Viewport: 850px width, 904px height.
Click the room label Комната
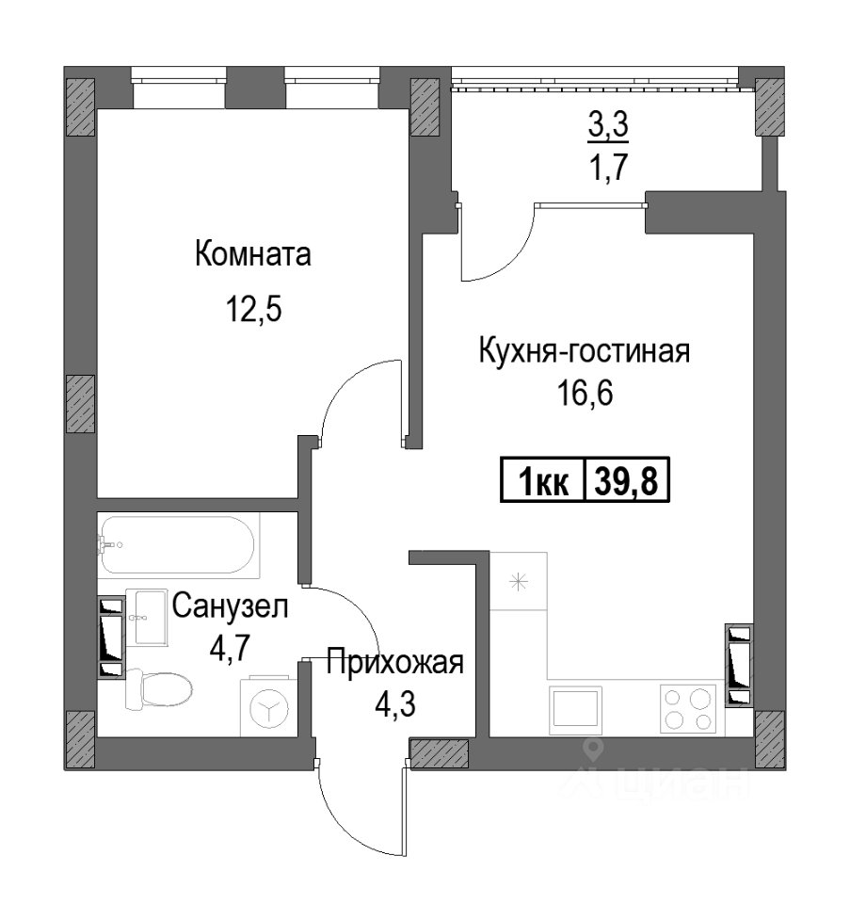tap(253, 254)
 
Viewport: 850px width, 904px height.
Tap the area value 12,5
tap(253, 310)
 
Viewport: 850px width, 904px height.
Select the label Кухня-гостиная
tap(585, 351)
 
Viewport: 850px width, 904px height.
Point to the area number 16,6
tap(585, 394)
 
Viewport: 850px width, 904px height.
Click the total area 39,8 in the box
tap(626, 481)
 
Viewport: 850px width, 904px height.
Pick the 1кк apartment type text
tap(543, 482)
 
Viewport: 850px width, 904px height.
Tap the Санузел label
tap(230, 606)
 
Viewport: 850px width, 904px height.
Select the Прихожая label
tap(394, 662)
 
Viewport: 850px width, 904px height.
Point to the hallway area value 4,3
tap(394, 704)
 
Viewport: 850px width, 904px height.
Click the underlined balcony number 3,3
tap(608, 124)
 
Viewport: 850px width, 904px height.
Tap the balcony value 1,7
tap(608, 168)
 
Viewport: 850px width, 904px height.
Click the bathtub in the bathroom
tap(178, 545)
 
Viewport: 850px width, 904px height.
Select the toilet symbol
tap(158, 689)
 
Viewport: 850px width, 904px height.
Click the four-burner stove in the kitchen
tap(688, 710)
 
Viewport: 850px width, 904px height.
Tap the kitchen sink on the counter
tap(575, 710)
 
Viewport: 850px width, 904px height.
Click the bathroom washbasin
tap(146, 618)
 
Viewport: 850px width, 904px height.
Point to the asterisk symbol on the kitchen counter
tap(518, 581)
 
